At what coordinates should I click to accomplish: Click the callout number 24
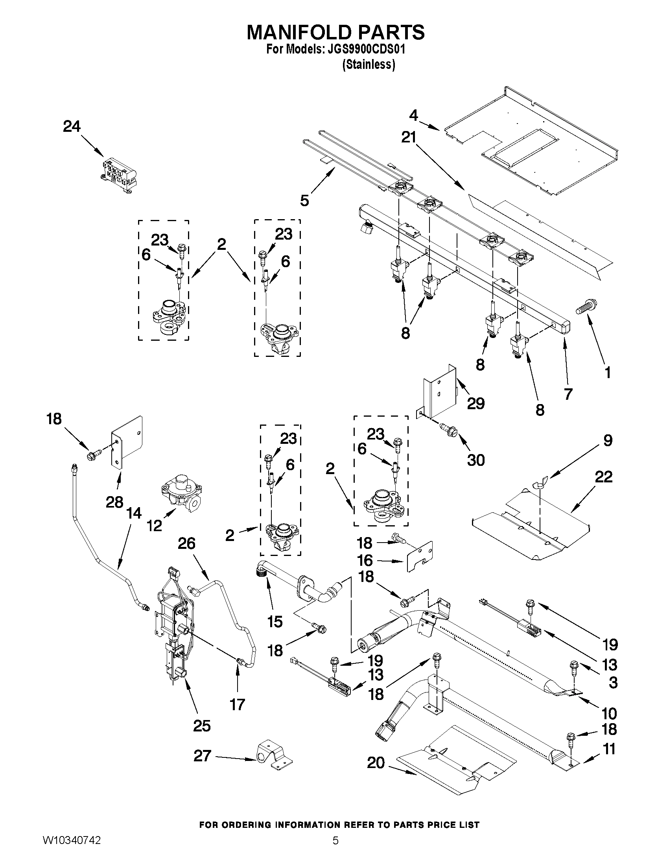click(72, 127)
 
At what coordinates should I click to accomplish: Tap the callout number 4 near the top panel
click(413, 115)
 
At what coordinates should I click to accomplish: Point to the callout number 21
click(409, 138)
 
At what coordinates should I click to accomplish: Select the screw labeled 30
click(448, 429)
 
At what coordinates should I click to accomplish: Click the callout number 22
click(603, 476)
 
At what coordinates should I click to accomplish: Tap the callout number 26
click(186, 543)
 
